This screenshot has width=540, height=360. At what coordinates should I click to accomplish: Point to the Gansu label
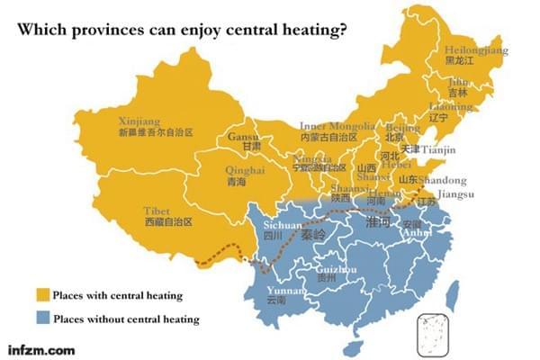[x=244, y=137]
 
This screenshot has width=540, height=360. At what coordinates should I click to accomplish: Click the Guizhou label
[x=337, y=269]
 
